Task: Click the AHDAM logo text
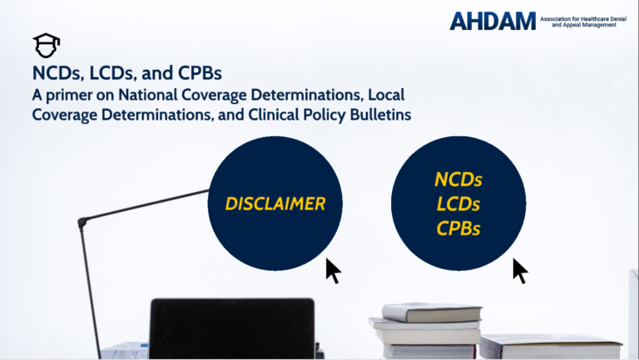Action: coord(493,21)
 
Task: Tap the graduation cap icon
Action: coord(46,46)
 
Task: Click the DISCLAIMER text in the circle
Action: coord(275,204)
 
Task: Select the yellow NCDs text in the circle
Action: coord(458,180)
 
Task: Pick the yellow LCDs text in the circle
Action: coord(458,204)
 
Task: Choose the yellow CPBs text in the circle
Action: coord(458,229)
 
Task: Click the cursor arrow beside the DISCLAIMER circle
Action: coord(333,271)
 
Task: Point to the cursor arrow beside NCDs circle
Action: coord(520,271)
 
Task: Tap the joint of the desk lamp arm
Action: coord(82,222)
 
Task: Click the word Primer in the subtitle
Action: coord(69,96)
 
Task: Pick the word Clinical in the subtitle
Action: coord(273,115)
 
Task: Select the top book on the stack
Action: coord(432,313)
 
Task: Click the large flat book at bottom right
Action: coord(552,347)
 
